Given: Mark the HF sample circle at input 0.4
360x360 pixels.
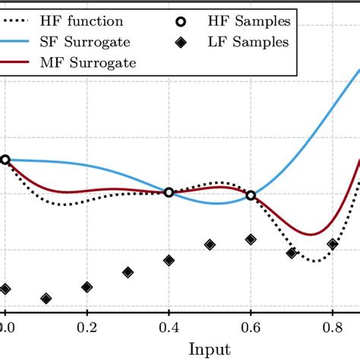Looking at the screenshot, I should point(169,192).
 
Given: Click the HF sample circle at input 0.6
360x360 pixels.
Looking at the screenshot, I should point(251,195).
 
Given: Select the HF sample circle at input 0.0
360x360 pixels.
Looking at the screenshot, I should point(5,159).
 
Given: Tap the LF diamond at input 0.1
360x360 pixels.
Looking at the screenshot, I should point(46,298).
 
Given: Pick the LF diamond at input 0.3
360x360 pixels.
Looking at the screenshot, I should point(128,272).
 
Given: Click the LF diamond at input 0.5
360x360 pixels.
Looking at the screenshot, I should point(210,245).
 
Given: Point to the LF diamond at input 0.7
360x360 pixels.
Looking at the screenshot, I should point(292,253).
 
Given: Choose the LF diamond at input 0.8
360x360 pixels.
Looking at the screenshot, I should point(333,245).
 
